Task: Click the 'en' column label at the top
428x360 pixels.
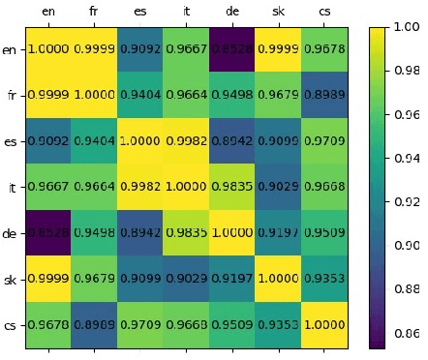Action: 48,13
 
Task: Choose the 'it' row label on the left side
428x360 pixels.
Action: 11,188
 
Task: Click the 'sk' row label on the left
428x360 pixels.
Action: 11,279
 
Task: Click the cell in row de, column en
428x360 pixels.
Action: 48,232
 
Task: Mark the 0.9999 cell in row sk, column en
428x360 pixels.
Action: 48,279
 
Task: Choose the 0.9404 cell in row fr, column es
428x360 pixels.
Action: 139,95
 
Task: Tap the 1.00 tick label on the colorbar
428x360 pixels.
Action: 409,28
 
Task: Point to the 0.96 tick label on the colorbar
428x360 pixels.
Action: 409,115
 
